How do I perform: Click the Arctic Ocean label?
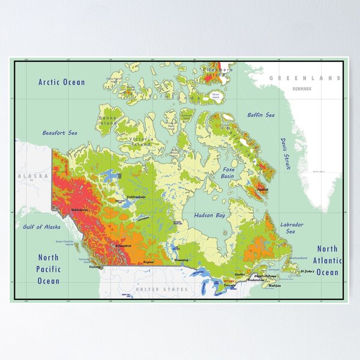tap(62, 82)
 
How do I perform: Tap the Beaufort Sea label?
tap(59, 133)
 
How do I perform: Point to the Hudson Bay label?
tap(208, 214)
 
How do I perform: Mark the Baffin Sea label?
tap(261, 115)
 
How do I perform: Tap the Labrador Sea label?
tap(292, 228)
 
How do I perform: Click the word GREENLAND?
tap(304, 78)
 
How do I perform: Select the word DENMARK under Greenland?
tap(302, 89)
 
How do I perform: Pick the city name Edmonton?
tap(124, 245)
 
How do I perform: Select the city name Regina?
tap(148, 262)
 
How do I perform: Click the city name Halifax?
tap(275, 286)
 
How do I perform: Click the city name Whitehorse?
tap(79, 209)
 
